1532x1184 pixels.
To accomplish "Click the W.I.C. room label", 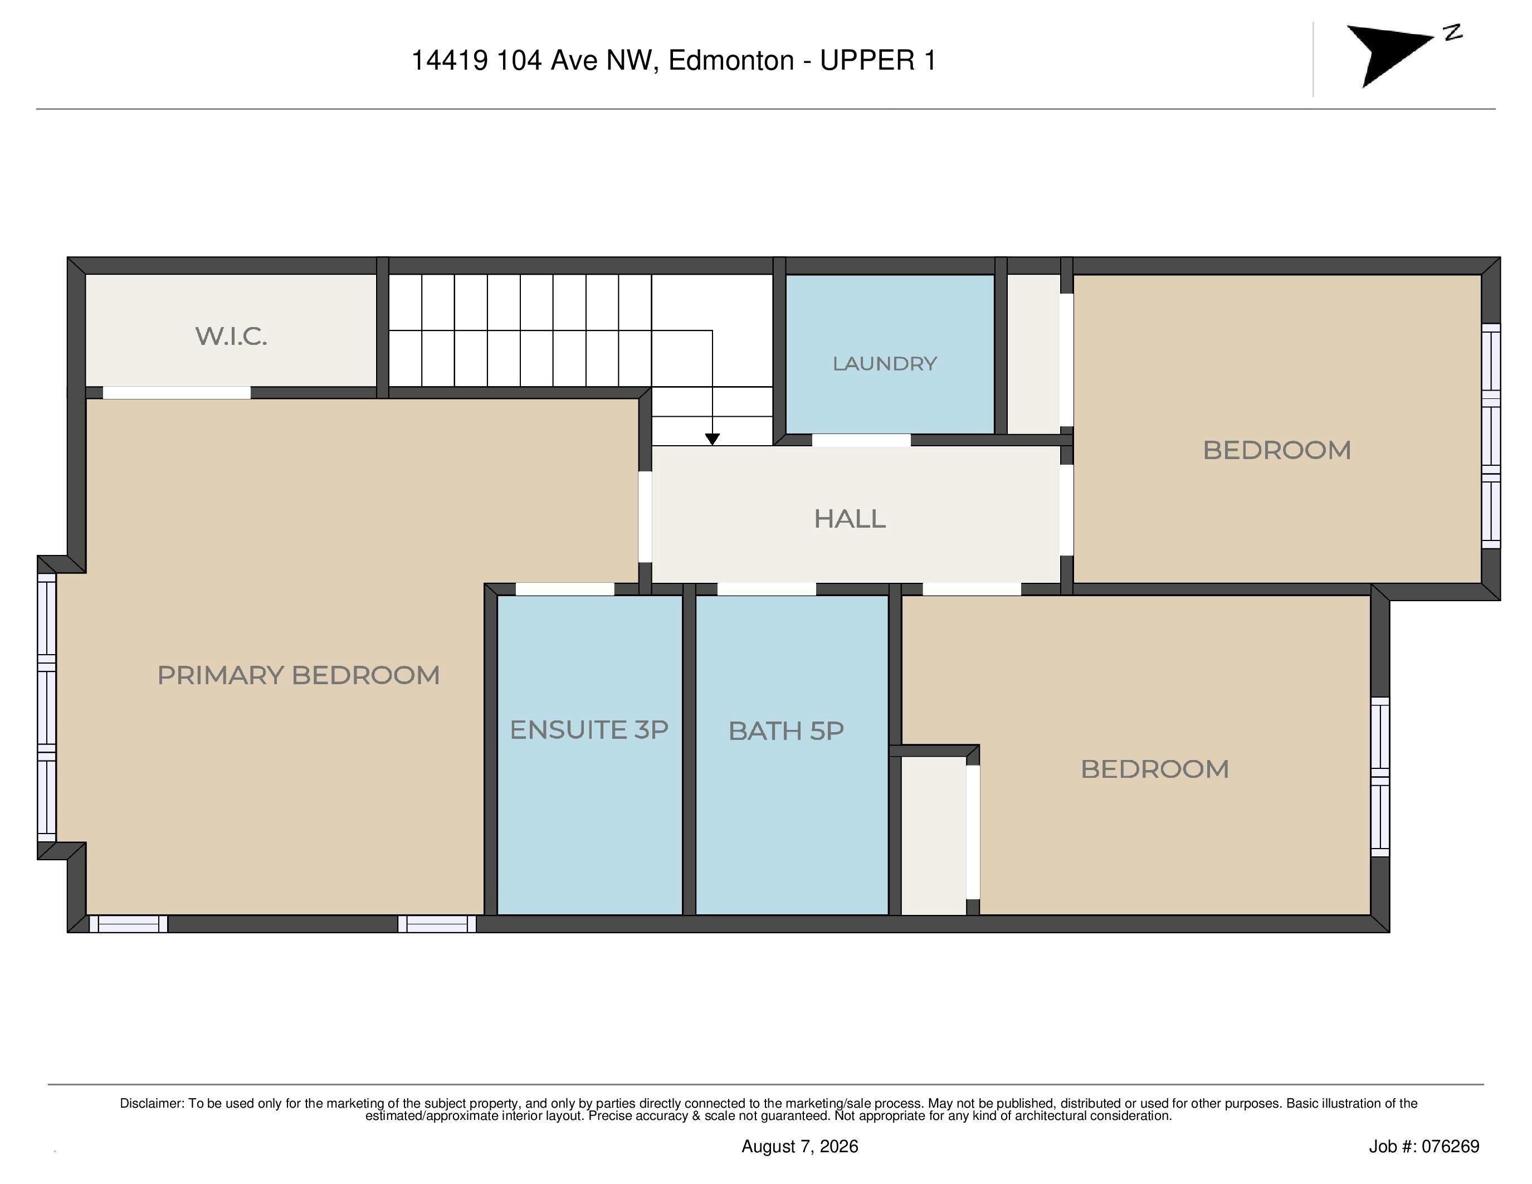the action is click(x=232, y=336).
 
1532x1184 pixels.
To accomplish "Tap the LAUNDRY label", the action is click(x=885, y=363).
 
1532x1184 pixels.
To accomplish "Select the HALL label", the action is click(x=850, y=518).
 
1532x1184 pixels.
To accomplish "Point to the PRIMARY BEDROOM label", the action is click(x=298, y=675).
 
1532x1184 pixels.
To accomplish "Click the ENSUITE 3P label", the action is click(x=588, y=729).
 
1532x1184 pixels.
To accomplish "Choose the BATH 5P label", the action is click(x=785, y=731).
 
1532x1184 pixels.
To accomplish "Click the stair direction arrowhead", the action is click(x=712, y=439).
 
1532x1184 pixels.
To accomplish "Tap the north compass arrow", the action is click(x=1389, y=55).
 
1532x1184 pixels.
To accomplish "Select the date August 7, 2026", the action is click(x=799, y=1146).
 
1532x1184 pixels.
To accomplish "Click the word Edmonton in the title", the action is click(x=731, y=60).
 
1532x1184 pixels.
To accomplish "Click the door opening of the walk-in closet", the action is click(x=177, y=393).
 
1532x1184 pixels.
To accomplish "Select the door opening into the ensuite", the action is click(x=565, y=589).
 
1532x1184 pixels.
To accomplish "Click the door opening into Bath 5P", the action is click(x=767, y=589).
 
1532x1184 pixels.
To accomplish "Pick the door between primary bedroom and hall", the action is click(x=645, y=517).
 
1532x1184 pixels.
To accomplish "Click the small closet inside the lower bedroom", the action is click(x=934, y=835).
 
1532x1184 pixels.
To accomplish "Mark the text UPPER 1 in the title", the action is click(x=878, y=60).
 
